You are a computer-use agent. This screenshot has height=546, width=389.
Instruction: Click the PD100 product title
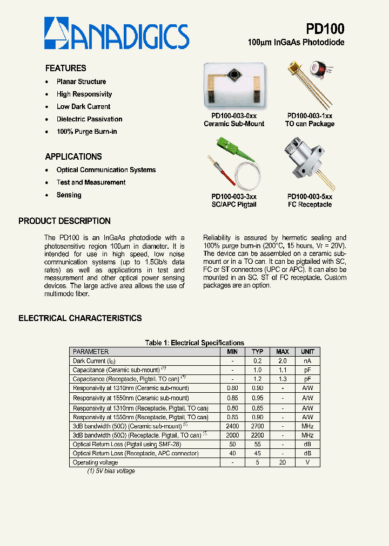tap(325, 29)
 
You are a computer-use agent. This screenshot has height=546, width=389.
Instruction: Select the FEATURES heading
tap(65, 68)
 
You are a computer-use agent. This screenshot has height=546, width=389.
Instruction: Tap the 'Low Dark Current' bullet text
tap(83, 107)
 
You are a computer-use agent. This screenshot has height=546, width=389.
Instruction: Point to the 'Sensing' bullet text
tap(69, 195)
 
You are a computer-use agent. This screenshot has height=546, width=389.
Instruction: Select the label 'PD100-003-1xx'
tap(310, 115)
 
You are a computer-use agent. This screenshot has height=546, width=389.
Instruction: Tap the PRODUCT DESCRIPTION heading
tap(64, 221)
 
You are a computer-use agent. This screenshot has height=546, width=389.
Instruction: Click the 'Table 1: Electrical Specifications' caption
tap(194, 343)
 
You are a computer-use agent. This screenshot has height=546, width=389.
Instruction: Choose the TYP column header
tap(257, 352)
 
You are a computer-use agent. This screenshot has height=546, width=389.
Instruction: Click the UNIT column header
tap(307, 352)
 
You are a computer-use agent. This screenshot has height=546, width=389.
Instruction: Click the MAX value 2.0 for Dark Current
tap(282, 361)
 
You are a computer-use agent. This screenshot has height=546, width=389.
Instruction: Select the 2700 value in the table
tap(257, 426)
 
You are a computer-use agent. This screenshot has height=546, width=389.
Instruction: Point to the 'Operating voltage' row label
tap(95, 462)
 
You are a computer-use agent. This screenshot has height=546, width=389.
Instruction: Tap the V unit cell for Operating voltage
tap(307, 462)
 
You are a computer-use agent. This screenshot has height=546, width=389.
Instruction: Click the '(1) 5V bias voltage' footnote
tap(111, 471)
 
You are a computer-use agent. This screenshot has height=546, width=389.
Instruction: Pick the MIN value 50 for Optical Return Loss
tap(232, 444)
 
